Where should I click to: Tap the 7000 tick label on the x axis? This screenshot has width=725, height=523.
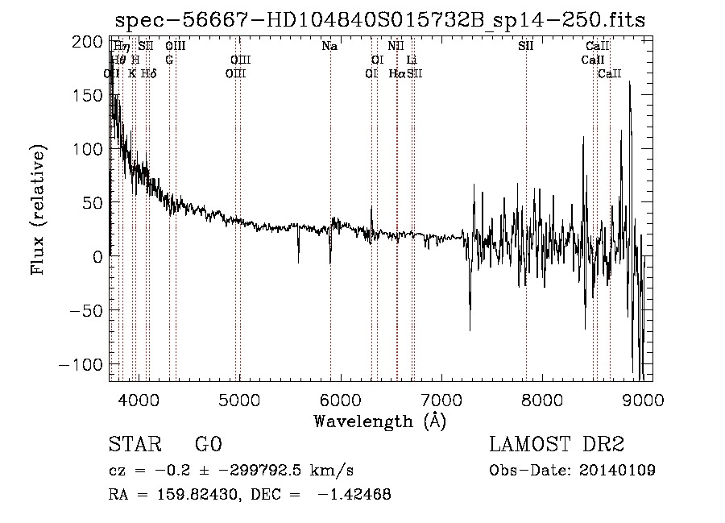(x=441, y=399)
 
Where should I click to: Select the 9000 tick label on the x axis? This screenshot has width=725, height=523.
(x=643, y=399)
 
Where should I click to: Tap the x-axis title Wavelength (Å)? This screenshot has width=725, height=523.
(x=379, y=421)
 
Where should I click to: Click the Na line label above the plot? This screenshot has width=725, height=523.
(x=329, y=46)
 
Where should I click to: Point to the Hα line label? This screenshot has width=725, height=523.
(x=397, y=73)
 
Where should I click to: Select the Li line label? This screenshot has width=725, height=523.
(x=412, y=60)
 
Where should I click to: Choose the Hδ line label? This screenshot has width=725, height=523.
(x=148, y=73)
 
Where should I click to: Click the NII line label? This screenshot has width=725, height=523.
(x=396, y=46)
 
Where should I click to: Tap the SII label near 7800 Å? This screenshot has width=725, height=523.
(x=525, y=46)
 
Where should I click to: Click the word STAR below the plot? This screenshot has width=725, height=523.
(x=134, y=444)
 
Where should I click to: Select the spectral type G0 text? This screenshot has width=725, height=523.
(x=208, y=444)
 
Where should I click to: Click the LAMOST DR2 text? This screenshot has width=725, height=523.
(x=557, y=444)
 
